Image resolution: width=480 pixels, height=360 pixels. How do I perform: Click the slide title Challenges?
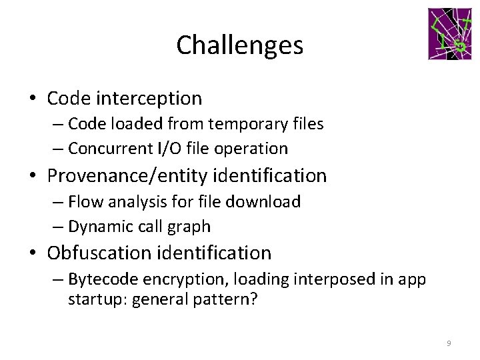240,45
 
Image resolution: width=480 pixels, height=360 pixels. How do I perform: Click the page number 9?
449,343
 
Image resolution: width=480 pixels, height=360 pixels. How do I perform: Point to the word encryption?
171,279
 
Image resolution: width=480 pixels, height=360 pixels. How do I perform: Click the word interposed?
305,279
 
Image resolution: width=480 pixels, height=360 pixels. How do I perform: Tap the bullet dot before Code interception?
33,99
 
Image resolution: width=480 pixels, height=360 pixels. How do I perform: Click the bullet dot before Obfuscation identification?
33,254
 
